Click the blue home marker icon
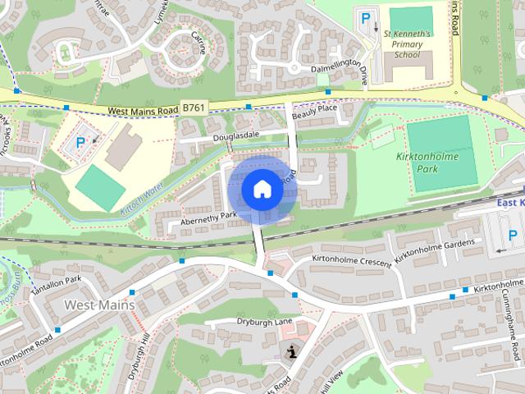[x=262, y=190]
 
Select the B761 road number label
[x=194, y=108]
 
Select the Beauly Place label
[x=315, y=108]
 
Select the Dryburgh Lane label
[x=264, y=321]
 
